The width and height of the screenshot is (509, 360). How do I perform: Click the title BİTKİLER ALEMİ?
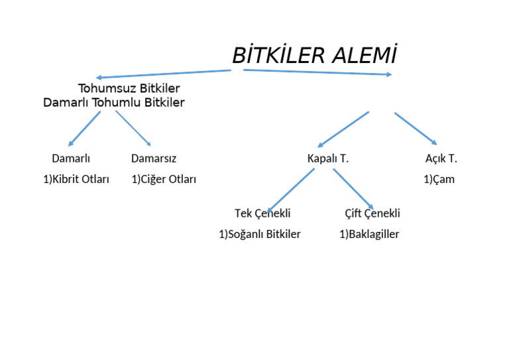[x=314, y=56]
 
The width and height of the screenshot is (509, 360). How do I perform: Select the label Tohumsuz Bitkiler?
[x=129, y=88]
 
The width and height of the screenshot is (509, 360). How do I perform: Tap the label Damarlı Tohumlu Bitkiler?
[x=114, y=103]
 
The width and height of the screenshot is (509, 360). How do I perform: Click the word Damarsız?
[x=154, y=159]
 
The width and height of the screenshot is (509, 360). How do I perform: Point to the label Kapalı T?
[x=328, y=159]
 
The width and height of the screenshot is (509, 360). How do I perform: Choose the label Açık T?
[x=441, y=159]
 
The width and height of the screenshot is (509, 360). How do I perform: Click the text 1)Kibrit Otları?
[x=76, y=180]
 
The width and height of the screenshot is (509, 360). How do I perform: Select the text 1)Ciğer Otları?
[x=164, y=180]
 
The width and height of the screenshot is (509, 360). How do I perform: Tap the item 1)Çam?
[x=439, y=180]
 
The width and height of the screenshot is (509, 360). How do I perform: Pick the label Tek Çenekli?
[x=262, y=213]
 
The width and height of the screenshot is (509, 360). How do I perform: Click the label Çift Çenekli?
[x=372, y=213]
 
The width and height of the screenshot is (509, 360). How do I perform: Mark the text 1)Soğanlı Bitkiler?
[x=260, y=235]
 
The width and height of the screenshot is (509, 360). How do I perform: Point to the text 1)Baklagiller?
[x=369, y=235]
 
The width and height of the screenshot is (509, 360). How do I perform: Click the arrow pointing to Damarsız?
[x=133, y=128]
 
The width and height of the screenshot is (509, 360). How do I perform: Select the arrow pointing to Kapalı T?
[x=343, y=129]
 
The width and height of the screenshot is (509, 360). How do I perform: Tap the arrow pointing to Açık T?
[x=416, y=128]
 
